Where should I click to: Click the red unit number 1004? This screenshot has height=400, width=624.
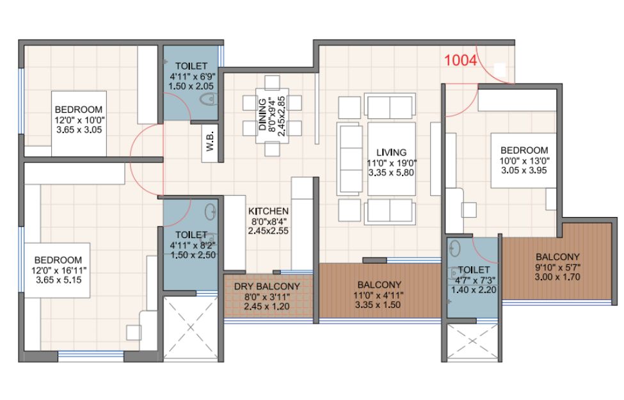[460, 60]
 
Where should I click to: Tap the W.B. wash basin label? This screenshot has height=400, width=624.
[210, 141]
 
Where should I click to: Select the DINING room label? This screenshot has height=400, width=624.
[262, 115]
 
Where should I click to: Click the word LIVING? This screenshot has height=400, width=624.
[391, 152]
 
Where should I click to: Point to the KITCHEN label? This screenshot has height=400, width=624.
[268, 211]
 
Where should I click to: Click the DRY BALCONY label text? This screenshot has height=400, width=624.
[267, 287]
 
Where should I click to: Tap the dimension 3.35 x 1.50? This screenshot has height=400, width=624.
[378, 305]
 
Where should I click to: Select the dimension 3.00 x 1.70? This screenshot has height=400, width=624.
[557, 277]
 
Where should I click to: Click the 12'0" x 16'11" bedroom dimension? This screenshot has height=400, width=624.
[58, 270]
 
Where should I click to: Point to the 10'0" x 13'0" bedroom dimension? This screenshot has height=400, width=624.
[524, 161]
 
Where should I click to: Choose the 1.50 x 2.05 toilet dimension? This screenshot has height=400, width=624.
[191, 86]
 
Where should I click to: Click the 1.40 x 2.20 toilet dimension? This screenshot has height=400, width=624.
[473, 290]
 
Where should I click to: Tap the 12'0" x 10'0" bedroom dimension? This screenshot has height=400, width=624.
[79, 120]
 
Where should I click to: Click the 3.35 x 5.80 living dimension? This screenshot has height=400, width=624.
[391, 173]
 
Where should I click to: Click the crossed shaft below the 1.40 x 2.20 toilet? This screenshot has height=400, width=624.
[472, 341]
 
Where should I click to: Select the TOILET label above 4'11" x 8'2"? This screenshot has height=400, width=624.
[191, 236]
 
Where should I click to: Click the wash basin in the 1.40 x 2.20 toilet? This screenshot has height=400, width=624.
[454, 248]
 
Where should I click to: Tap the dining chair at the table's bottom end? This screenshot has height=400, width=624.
[272, 149]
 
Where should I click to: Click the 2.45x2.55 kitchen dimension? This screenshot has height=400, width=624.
[268, 231]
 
